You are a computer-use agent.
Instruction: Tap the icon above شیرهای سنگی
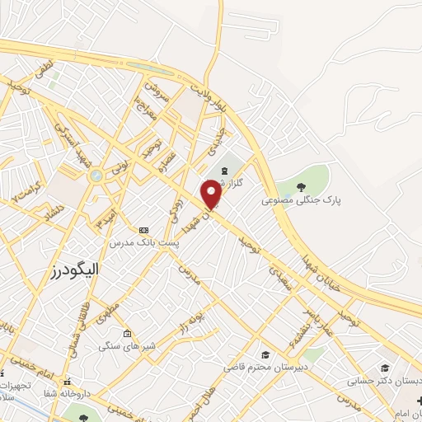click(x=127, y=334)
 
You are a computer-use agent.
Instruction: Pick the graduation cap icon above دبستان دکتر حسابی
click(x=383, y=368)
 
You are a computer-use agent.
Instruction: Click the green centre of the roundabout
click(x=96, y=175)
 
